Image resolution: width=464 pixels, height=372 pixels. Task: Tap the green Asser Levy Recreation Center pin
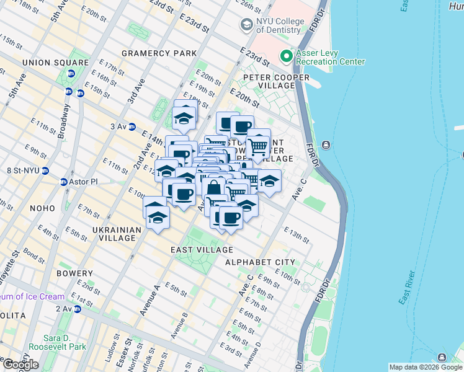(x=286, y=56)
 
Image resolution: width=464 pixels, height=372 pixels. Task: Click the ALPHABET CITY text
(x=260, y=262)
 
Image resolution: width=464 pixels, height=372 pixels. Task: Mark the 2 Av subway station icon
(x=77, y=309)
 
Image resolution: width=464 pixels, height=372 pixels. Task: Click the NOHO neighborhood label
(x=22, y=208)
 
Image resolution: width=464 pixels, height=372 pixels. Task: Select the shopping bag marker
(x=214, y=187)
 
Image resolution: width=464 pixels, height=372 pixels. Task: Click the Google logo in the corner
(x=20, y=364)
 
